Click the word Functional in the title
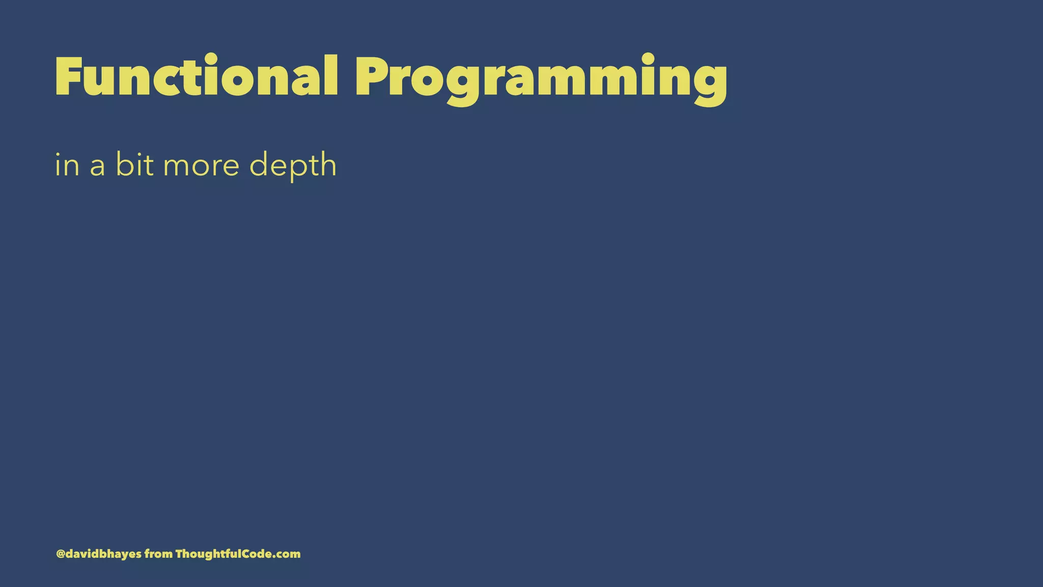pos(196,76)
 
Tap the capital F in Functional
pos(68,76)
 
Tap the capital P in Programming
pos(374,76)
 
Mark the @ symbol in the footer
pos(60,554)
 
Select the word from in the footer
pos(158,554)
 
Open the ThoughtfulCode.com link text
pos(238,554)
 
